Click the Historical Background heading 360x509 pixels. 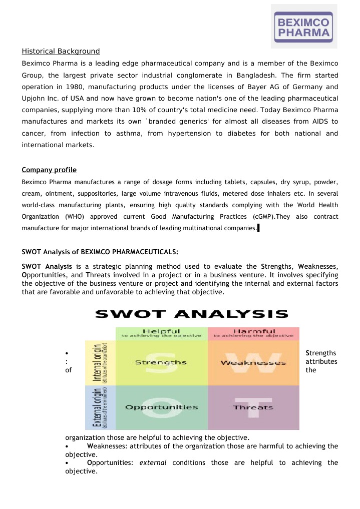61,51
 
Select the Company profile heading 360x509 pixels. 49,170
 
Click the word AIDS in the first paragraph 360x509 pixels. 314,121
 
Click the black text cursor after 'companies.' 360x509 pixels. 258,229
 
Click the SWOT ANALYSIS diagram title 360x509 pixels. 192,314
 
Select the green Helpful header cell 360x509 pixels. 161,333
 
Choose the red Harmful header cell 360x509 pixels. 253,333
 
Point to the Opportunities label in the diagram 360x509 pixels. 161,407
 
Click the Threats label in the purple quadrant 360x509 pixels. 253,407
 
